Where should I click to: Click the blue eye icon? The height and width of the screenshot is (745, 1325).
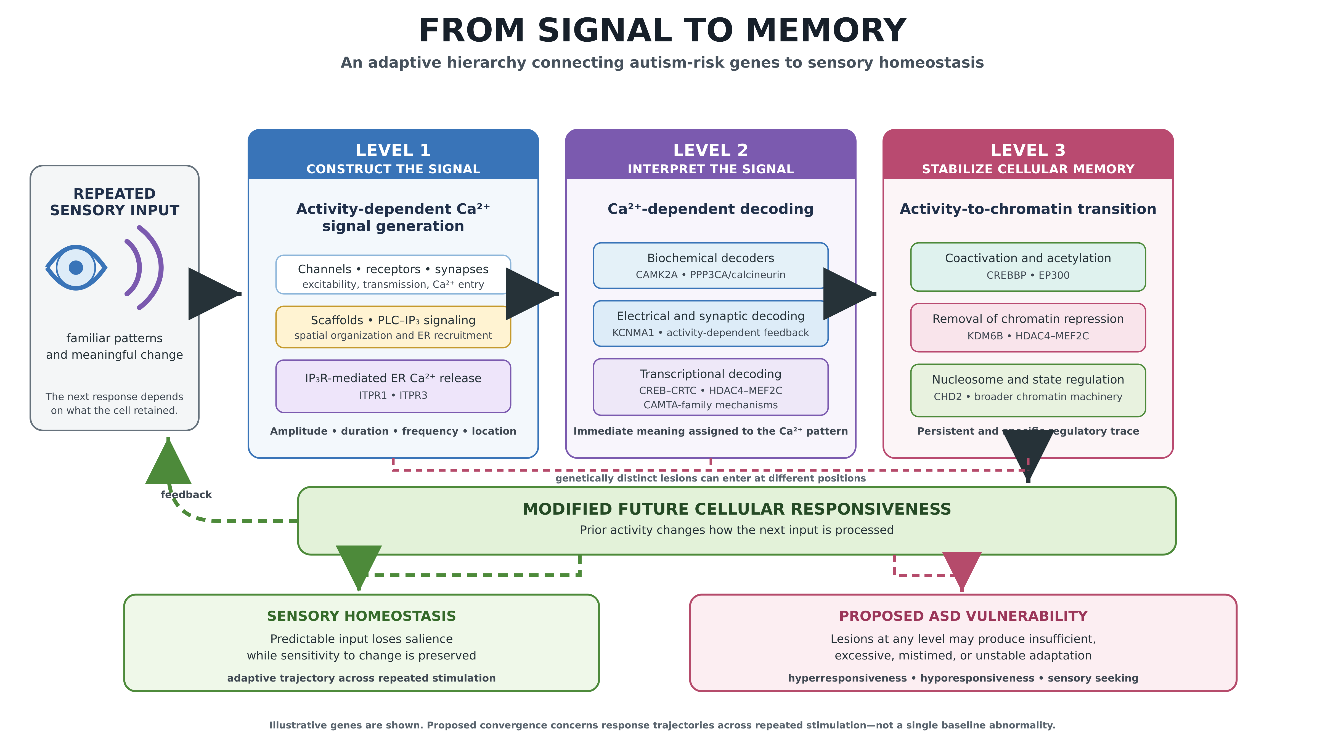(x=76, y=267)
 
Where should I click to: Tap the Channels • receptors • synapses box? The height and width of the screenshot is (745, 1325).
(x=393, y=275)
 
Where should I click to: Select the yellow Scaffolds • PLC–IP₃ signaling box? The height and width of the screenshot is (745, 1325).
(x=393, y=327)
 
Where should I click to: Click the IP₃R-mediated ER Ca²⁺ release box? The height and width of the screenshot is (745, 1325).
(x=393, y=386)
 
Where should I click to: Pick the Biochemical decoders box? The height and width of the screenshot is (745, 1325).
(x=710, y=265)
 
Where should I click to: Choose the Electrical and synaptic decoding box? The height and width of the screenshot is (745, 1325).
(x=710, y=323)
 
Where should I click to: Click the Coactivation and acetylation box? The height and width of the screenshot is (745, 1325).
(x=1028, y=267)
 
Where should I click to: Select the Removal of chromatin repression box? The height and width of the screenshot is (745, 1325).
(x=1028, y=328)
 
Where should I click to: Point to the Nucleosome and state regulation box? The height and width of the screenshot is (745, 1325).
(x=1028, y=390)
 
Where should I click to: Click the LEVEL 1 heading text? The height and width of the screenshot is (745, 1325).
(x=393, y=150)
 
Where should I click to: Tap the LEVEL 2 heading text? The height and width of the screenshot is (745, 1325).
(x=710, y=150)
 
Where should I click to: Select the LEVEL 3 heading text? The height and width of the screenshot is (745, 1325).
(x=1028, y=150)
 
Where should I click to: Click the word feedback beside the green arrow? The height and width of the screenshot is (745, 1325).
(x=186, y=495)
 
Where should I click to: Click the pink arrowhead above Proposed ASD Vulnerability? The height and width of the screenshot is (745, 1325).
(x=962, y=570)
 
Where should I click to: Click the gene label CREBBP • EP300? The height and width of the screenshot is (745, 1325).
(x=1028, y=275)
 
